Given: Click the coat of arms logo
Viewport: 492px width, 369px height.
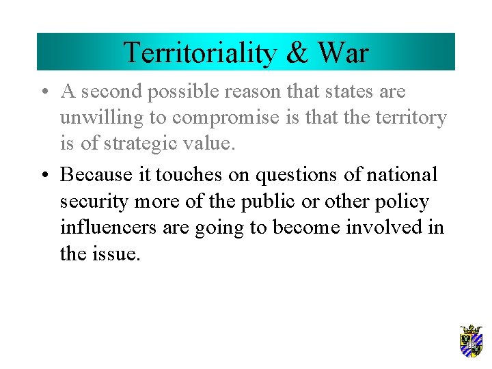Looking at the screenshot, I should coord(471,341).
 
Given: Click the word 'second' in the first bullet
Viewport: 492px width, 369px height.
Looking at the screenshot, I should coord(114,92).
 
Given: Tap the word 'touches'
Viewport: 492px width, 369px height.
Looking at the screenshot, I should coord(189,175).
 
